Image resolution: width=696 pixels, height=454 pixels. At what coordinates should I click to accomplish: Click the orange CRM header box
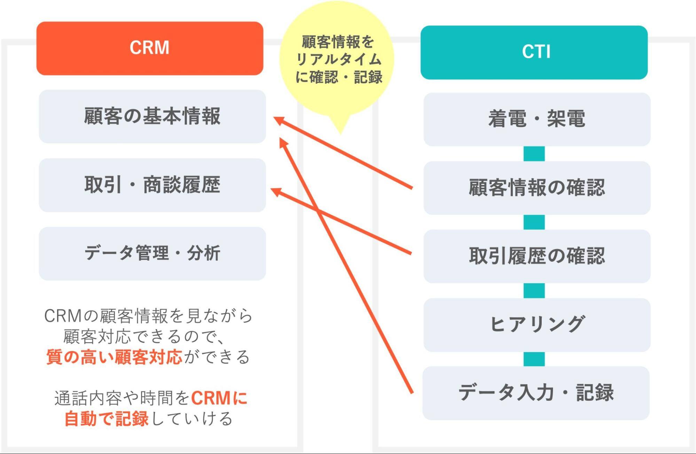coord(150,48)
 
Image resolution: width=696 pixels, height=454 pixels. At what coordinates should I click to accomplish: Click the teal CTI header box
coord(534,52)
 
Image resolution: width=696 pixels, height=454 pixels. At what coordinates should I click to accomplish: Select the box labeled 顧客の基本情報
coord(152,116)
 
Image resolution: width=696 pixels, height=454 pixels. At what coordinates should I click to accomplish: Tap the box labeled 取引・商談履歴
coord(152,185)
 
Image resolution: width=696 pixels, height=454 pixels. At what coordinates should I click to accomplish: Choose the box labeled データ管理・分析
coord(152,253)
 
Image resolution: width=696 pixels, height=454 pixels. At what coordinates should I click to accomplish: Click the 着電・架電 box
coord(537,119)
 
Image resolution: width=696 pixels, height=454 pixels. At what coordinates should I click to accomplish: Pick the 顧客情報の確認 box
coord(537,188)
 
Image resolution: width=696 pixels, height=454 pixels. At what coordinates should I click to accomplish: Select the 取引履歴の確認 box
coord(537,256)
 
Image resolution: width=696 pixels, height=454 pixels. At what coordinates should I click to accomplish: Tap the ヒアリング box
coord(537,324)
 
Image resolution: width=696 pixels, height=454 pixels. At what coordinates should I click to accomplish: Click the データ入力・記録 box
coord(536,393)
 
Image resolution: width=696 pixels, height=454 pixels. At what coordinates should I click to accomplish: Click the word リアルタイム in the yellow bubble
coord(338,60)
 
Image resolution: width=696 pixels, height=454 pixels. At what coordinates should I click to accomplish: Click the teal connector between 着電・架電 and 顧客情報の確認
coord(534,154)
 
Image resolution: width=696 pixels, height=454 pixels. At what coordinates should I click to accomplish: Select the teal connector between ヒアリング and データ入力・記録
coord(534,359)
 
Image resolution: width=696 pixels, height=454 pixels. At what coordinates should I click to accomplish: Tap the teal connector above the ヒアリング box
coord(534,290)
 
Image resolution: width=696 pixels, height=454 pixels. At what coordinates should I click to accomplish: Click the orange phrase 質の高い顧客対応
coord(114,357)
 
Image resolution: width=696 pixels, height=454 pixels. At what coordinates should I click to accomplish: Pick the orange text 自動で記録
coord(107,418)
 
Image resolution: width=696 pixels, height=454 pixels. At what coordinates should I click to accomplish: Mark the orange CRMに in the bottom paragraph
coord(219,398)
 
